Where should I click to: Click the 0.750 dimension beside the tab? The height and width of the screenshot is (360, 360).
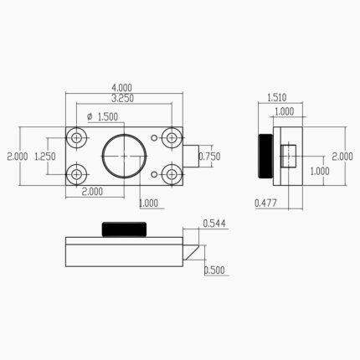(209, 156)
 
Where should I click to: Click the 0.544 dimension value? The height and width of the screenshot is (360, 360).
(214, 224)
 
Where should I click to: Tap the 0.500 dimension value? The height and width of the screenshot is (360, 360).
(214, 269)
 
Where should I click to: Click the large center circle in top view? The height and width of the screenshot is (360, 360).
(124, 156)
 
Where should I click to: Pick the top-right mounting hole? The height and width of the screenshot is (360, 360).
(172, 137)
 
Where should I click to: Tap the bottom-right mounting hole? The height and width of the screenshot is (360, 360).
(172, 174)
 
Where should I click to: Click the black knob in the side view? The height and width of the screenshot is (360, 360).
(265, 157)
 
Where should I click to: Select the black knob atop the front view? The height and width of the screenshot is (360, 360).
(124, 229)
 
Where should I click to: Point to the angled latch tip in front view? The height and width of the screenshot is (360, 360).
(193, 249)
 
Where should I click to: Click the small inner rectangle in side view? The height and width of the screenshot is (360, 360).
(289, 156)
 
